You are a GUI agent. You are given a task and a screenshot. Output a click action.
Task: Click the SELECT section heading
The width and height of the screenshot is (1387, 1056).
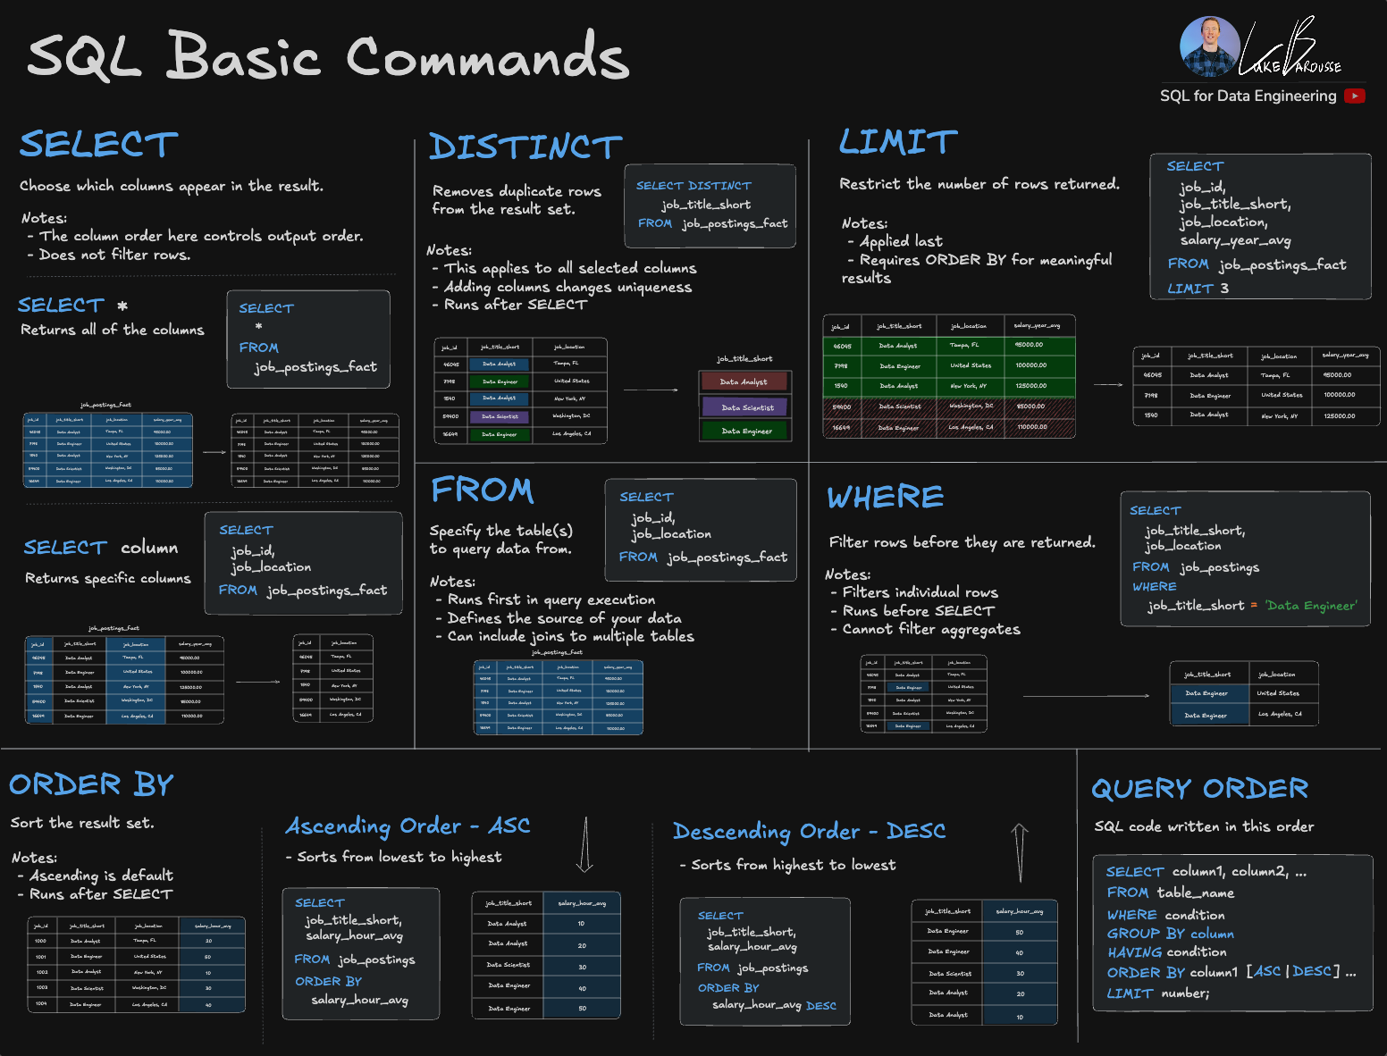coord(98,145)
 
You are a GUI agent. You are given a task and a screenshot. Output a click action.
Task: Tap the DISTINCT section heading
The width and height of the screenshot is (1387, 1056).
coord(525,147)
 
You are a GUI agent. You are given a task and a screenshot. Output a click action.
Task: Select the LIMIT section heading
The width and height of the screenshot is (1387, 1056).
coord(897,142)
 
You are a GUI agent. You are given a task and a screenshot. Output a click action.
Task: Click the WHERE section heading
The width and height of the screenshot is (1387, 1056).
coord(885,498)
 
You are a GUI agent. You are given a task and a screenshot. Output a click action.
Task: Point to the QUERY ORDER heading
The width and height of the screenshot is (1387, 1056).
coord(1199,789)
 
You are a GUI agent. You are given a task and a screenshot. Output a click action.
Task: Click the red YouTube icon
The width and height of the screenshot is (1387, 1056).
coord(1355,96)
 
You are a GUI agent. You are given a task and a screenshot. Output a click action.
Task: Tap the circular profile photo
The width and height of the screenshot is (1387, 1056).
coord(1208,46)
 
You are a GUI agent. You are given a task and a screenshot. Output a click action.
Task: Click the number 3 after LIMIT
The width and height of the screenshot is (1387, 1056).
coord(1224,289)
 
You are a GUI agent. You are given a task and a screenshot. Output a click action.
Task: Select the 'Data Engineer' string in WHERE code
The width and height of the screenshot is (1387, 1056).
coord(1311,606)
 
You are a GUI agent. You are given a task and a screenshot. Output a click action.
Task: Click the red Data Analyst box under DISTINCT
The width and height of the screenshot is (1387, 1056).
coord(744,381)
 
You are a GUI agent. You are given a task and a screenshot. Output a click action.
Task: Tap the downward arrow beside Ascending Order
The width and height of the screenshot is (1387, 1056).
coord(584,844)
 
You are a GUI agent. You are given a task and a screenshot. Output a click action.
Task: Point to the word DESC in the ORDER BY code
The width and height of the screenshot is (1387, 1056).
coord(820,1006)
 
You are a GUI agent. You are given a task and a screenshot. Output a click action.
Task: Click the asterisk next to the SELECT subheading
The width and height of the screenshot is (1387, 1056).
coord(122,306)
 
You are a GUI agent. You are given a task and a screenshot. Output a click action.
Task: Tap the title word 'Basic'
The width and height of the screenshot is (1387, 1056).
coord(243,56)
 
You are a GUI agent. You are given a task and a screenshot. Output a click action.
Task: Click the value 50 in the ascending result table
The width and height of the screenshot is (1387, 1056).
coord(582,1008)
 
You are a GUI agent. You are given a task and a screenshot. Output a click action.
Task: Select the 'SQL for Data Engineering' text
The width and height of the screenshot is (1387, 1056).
coord(1248,96)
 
